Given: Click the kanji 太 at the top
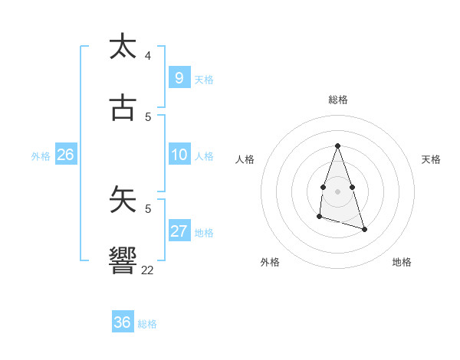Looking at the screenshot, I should pyautogui.click(x=123, y=47).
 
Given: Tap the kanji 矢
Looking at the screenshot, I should pyautogui.click(x=123, y=200).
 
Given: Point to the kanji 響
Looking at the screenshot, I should pyautogui.click(x=123, y=261).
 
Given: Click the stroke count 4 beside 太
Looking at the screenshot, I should pyautogui.click(x=147, y=56).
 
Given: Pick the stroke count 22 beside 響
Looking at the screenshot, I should pyautogui.click(x=147, y=270).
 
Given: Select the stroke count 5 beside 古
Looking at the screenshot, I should pyautogui.click(x=147, y=116).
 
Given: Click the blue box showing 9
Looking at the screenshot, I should pyautogui.click(x=179, y=78).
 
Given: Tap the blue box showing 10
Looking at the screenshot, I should pyautogui.click(x=179, y=155).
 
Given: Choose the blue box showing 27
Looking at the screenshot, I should pyautogui.click(x=179, y=231).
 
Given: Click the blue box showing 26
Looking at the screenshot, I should pyautogui.click(x=65, y=155).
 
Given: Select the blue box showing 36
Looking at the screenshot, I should pyautogui.click(x=123, y=322).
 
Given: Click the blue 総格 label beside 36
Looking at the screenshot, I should pyautogui.click(x=147, y=324).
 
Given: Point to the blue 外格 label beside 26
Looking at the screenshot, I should pyautogui.click(x=41, y=156).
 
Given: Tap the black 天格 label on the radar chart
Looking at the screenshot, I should pyautogui.click(x=431, y=159).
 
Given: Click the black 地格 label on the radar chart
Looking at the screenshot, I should pyautogui.click(x=402, y=262).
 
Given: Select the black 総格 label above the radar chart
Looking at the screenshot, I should pyautogui.click(x=338, y=100).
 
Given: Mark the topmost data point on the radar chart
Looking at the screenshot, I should pyautogui.click(x=338, y=146).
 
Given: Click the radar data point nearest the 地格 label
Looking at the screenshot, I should pyautogui.click(x=364, y=229).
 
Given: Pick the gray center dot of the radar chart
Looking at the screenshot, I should pyautogui.click(x=338, y=191).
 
